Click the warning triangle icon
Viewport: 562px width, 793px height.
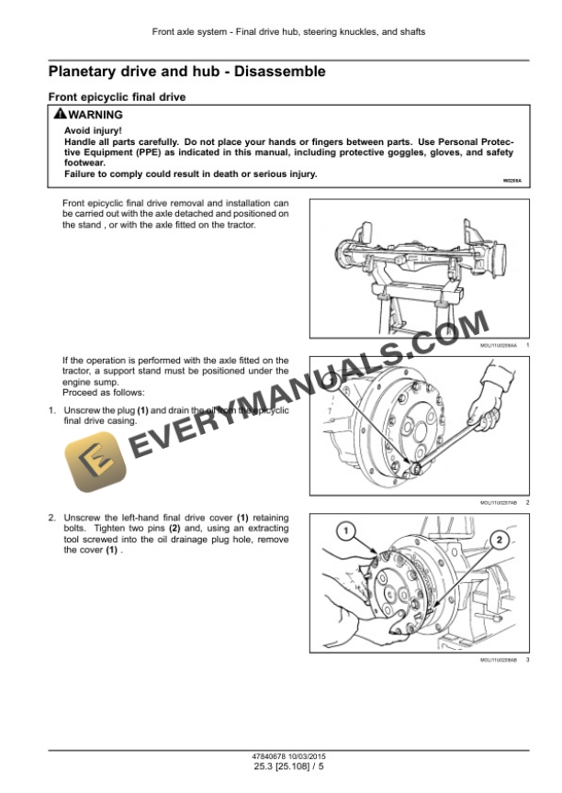pos(60,115)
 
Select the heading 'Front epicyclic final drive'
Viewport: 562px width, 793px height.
pos(118,96)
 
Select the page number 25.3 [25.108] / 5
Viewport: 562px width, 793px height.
pos(280,766)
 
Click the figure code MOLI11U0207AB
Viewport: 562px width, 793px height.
pos(499,503)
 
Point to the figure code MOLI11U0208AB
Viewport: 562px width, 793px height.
pos(499,660)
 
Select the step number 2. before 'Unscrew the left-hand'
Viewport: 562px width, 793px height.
pos(53,519)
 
